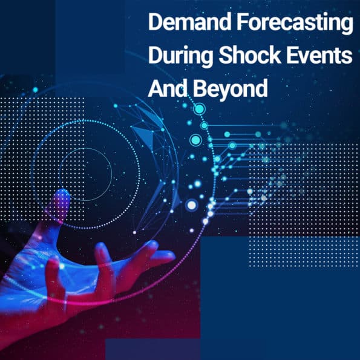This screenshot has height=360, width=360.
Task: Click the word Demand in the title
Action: click(189, 22)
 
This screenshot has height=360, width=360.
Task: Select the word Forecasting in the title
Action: click(295, 24)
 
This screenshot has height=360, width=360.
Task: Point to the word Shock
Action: click(250, 54)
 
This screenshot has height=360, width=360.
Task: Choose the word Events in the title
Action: click(319, 55)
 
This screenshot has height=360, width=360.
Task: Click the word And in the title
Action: click(168, 88)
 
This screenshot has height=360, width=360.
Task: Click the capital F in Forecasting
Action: click(243, 22)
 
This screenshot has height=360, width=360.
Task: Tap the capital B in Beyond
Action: click(200, 88)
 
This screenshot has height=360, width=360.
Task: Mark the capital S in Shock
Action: click(226, 55)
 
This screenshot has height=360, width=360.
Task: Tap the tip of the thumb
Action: click(62, 193)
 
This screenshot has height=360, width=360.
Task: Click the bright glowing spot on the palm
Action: click(62, 266)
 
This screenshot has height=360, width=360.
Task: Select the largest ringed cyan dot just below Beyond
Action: click(199, 110)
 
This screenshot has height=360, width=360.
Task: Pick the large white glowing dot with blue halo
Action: click(192, 205)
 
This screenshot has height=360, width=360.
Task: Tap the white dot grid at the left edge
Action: click(42, 159)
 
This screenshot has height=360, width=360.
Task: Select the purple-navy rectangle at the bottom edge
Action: click(152, 349)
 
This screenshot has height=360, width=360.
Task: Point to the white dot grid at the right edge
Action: click(304, 206)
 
